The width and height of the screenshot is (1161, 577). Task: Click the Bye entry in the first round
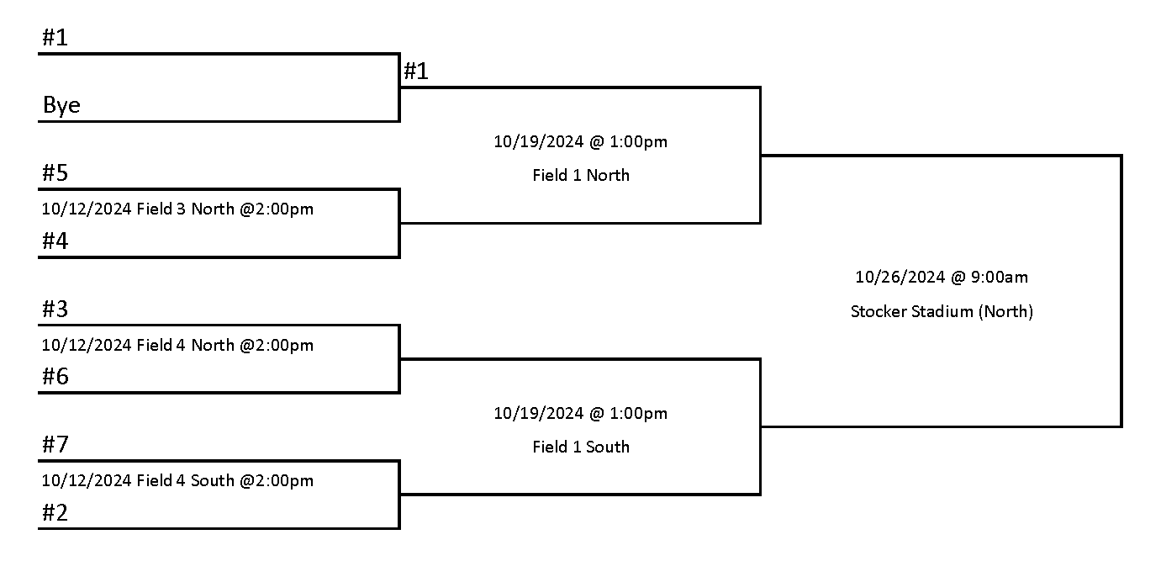[61, 106]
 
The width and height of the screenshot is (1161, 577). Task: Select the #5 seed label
[55, 173]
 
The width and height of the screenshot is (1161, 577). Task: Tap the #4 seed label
[55, 241]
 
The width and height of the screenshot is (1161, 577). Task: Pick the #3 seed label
[55, 310]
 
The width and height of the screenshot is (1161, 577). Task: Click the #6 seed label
[55, 377]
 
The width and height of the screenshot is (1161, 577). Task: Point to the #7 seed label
[55, 445]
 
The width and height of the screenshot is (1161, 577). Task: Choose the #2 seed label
[55, 513]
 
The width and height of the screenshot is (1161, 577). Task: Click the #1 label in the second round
[416, 71]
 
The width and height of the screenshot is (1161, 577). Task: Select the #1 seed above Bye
[55, 38]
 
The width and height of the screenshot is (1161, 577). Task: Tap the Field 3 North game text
[177, 209]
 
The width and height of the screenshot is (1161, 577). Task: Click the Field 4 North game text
[177, 345]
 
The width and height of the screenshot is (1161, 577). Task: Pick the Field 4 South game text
[177, 481]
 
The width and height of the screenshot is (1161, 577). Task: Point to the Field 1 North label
[580, 176]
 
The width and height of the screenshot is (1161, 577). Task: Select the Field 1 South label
[580, 447]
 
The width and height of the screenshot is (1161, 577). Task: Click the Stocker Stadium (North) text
[942, 311]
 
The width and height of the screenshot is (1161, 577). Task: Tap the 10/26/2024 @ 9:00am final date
[942, 277]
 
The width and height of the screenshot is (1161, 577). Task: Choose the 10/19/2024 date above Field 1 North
[538, 141]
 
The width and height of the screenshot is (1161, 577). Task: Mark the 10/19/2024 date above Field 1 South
[538, 413]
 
